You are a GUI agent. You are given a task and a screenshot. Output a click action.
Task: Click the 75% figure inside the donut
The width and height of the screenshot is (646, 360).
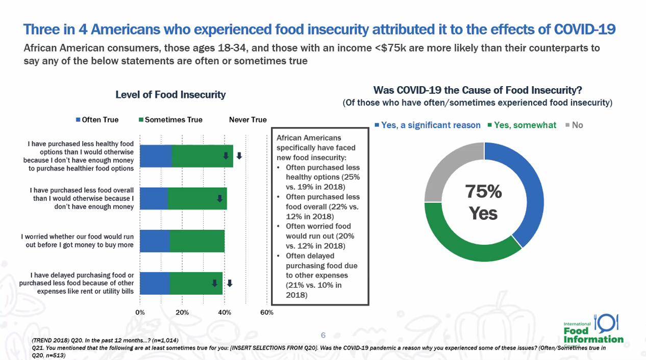[483, 192]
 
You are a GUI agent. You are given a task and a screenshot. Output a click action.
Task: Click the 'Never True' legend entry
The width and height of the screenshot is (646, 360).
[247, 120]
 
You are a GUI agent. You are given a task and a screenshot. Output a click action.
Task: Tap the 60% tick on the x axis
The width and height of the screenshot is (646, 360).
[267, 313]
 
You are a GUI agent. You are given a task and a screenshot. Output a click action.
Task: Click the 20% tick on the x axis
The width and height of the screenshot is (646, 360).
[182, 313]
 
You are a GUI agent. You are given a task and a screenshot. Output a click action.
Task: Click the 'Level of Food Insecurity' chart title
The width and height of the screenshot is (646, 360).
[170, 95]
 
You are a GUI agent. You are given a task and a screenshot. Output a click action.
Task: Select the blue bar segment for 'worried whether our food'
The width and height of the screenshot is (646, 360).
[155, 241]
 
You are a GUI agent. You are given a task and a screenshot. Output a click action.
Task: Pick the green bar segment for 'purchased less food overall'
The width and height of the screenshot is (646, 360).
[197, 199]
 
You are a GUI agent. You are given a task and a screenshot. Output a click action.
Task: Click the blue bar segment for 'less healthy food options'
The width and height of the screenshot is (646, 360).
[156, 156]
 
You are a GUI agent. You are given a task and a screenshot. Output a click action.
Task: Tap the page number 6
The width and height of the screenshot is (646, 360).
[323, 335]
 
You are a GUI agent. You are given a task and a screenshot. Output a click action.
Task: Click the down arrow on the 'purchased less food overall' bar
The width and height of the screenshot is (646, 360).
[219, 198]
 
